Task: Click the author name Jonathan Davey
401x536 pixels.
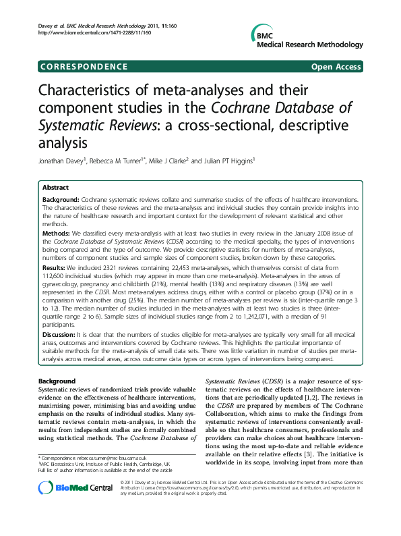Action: click(x=61, y=162)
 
